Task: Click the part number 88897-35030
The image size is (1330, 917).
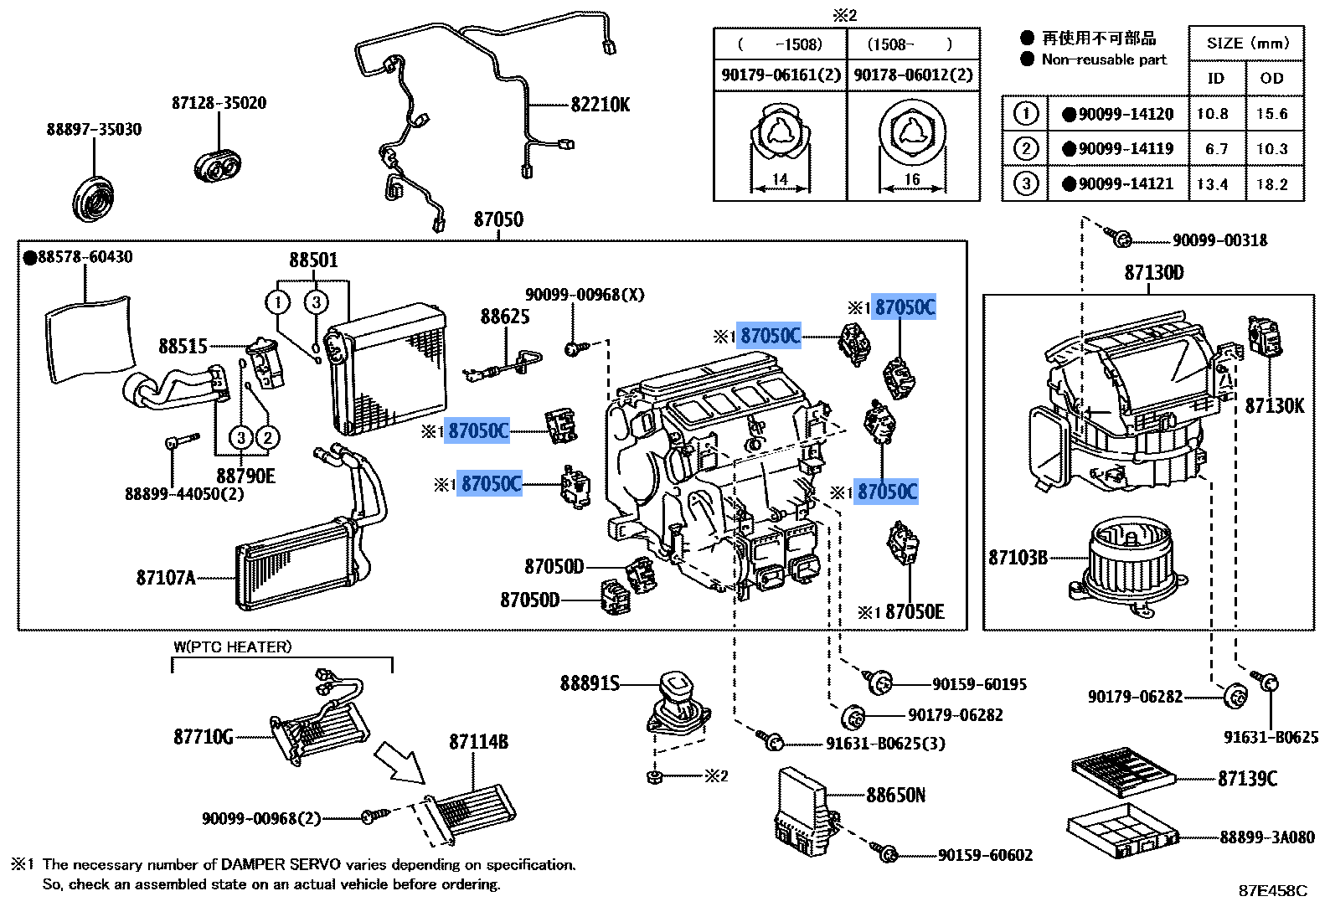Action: click(94, 130)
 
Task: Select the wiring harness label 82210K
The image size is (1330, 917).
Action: click(600, 105)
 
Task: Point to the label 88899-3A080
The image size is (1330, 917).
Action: click(1266, 837)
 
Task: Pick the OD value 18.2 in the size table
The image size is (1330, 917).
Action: click(1271, 184)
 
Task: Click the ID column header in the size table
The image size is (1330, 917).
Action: click(1215, 79)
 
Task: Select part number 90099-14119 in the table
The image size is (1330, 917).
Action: click(1126, 149)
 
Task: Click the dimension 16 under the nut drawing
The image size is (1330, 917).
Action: click(912, 179)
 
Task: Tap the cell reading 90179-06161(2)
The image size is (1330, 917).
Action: click(781, 75)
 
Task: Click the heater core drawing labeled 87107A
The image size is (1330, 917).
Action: click(297, 565)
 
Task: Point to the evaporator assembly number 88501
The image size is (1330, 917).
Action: click(313, 260)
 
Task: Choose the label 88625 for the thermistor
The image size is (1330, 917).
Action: click(504, 317)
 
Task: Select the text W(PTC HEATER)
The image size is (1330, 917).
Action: click(233, 647)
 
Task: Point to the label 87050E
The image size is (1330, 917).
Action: click(915, 612)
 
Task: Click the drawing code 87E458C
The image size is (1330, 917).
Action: click(1272, 891)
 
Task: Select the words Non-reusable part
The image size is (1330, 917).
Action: click(1104, 59)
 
